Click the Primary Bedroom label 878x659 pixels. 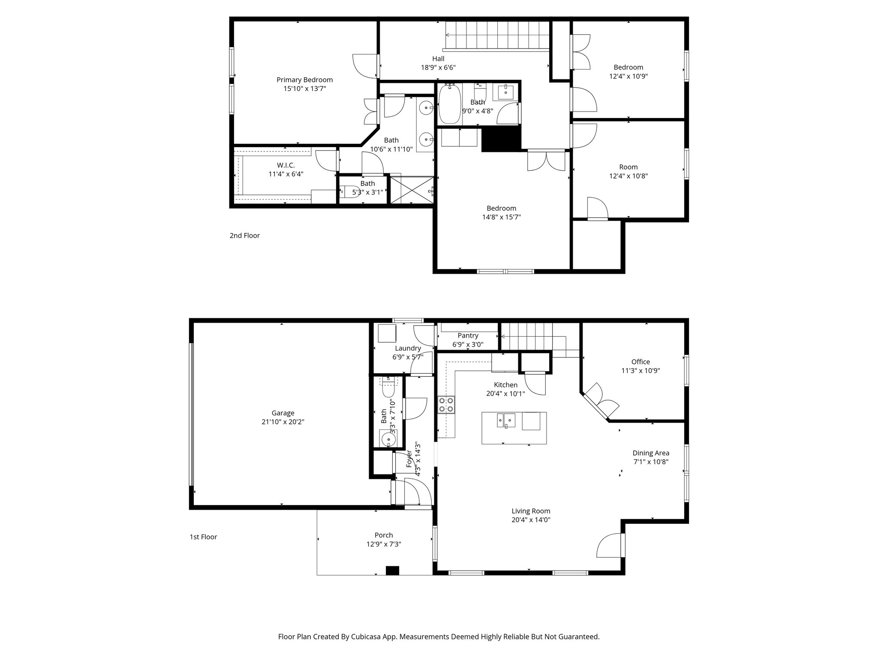point(304,80)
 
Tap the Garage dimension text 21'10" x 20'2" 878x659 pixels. point(283,422)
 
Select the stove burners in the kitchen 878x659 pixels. point(446,405)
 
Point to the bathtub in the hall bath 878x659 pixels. point(449,104)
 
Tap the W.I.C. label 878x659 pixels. point(286,165)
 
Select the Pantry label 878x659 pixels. point(468,336)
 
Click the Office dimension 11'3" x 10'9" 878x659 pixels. point(640,371)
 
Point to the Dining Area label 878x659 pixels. point(651,453)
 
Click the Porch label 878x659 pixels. point(383,535)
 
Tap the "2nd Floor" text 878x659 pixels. point(244,236)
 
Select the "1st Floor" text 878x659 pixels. point(203,537)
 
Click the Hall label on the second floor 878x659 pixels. point(438,59)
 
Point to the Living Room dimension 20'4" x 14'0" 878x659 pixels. point(531,520)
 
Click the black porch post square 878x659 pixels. point(392,571)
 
